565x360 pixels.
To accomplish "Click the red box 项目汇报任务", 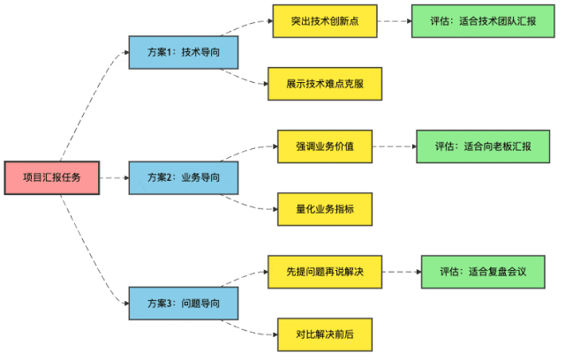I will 51,177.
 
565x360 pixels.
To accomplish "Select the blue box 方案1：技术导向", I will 184,52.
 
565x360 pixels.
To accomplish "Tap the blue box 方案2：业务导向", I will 184,177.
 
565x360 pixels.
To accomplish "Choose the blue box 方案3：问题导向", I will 184,303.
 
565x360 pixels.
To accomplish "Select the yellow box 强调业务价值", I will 325,146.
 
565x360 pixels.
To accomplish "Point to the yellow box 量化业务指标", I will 325,209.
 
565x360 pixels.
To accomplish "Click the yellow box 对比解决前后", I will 325,334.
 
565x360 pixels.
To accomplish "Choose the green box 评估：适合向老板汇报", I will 483,146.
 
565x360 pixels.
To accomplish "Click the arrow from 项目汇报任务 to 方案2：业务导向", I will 113,177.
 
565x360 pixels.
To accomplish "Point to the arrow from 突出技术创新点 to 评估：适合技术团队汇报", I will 394,20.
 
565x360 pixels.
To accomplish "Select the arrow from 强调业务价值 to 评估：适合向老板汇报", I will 394,146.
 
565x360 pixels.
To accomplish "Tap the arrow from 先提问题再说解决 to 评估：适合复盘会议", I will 400,271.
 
